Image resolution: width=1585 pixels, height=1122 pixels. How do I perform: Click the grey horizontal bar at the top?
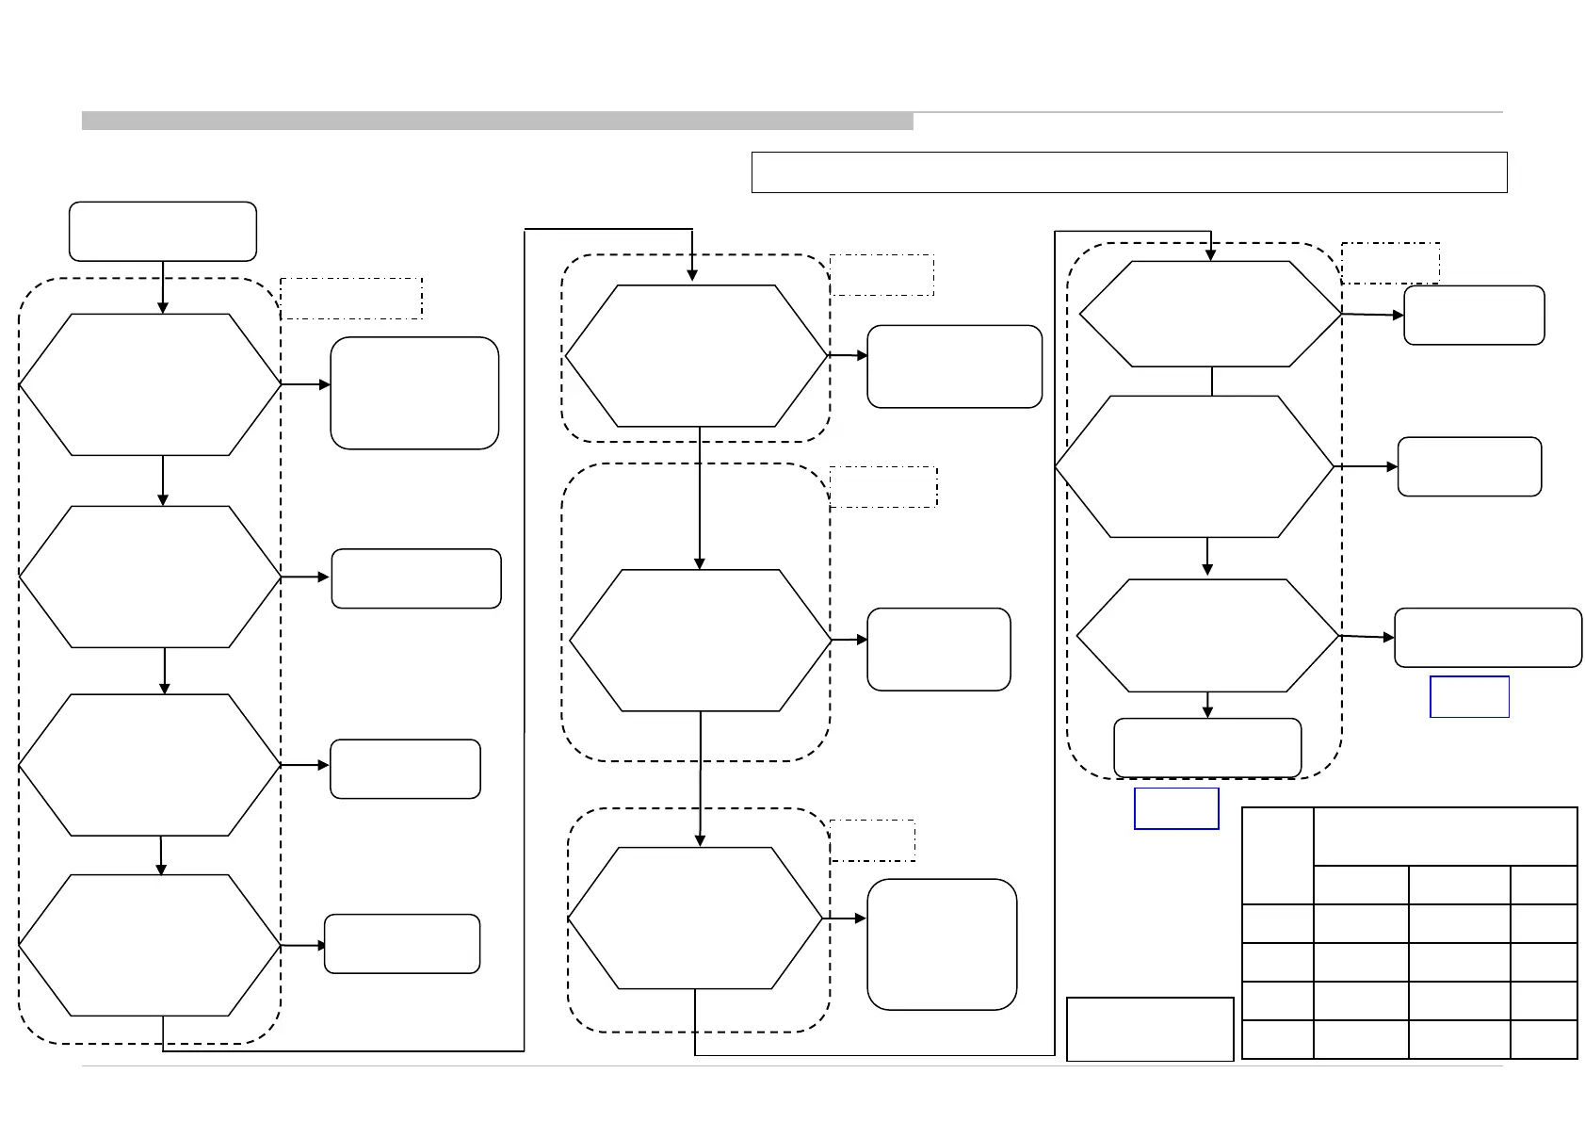pyautogui.click(x=497, y=121)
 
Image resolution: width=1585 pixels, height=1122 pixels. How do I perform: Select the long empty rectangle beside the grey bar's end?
pyautogui.click(x=1129, y=172)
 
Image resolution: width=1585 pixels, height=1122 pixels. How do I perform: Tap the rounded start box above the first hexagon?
pyautogui.click(x=163, y=231)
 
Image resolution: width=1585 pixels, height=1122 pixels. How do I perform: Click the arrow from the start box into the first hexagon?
pyautogui.click(x=163, y=287)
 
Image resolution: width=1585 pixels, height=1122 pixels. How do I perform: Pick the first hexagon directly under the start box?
pyautogui.click(x=151, y=384)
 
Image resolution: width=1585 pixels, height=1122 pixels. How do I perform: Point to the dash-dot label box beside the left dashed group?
pyautogui.click(x=351, y=299)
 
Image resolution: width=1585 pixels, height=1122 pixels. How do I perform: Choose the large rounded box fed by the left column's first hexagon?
pyautogui.click(x=414, y=393)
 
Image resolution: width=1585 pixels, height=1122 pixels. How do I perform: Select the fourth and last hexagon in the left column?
pyautogui.click(x=151, y=945)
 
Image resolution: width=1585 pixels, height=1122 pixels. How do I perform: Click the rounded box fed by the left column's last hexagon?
pyautogui.click(x=402, y=943)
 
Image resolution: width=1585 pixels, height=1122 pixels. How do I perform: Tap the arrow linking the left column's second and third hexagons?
pyautogui.click(x=165, y=671)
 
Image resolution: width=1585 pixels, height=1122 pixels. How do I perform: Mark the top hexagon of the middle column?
pyautogui.click(x=696, y=356)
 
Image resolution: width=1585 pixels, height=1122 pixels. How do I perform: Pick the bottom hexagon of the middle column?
pyautogui.click(x=696, y=919)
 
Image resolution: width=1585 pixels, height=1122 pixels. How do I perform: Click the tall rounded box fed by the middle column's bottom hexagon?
pyautogui.click(x=942, y=944)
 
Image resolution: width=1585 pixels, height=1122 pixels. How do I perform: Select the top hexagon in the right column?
pyautogui.click(x=1210, y=314)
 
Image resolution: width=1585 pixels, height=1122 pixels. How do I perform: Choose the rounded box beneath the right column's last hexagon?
pyautogui.click(x=1207, y=748)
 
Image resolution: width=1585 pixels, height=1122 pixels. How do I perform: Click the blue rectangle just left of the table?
pyautogui.click(x=1176, y=808)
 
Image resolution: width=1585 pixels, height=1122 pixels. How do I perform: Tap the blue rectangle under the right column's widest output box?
pyautogui.click(x=1469, y=696)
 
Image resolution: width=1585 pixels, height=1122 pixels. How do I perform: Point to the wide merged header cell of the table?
pyautogui.click(x=1445, y=837)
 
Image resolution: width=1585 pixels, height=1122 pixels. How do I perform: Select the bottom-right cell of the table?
pyautogui.click(x=1543, y=1039)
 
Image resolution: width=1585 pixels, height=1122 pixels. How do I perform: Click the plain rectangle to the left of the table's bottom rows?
pyautogui.click(x=1150, y=1029)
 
